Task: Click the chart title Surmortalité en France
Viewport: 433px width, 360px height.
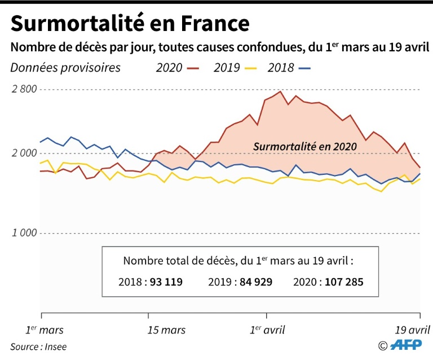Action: click(x=130, y=23)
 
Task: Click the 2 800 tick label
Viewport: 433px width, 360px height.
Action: click(x=24, y=89)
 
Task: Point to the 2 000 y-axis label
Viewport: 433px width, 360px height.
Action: click(x=24, y=153)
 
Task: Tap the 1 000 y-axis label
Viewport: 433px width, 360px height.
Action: click(x=24, y=233)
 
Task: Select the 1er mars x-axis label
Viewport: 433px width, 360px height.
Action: click(x=45, y=330)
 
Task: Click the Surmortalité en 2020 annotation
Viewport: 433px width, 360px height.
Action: click(x=305, y=146)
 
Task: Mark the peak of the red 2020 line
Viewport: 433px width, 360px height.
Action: click(x=281, y=91)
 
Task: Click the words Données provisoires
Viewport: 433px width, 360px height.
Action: click(x=65, y=68)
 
